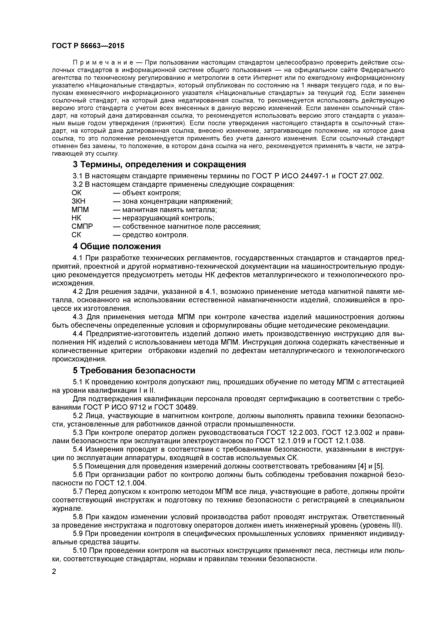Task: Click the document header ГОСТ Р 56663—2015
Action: pos(88,46)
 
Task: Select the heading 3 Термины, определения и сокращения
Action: pos(159,164)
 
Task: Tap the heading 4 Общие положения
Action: pos(117,246)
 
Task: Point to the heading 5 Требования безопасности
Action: pos(134,371)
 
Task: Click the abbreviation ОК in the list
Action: pos(76,193)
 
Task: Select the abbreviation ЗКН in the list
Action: pos(78,201)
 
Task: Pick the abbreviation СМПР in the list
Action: pos(82,227)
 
